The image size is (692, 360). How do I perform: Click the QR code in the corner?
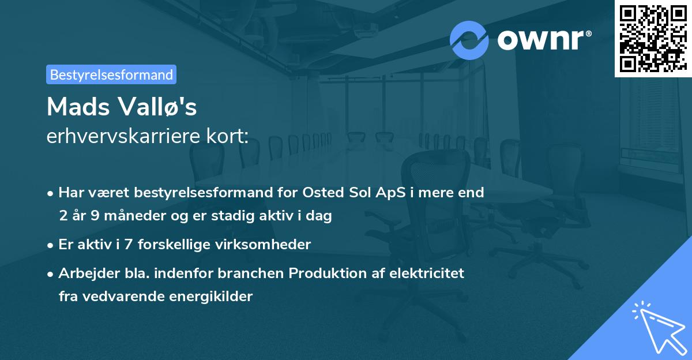653,39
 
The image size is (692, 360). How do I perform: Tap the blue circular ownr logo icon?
469,40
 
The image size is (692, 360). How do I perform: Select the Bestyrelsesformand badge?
111,74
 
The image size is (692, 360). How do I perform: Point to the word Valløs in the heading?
158,106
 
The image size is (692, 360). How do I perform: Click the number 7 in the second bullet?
125,244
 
